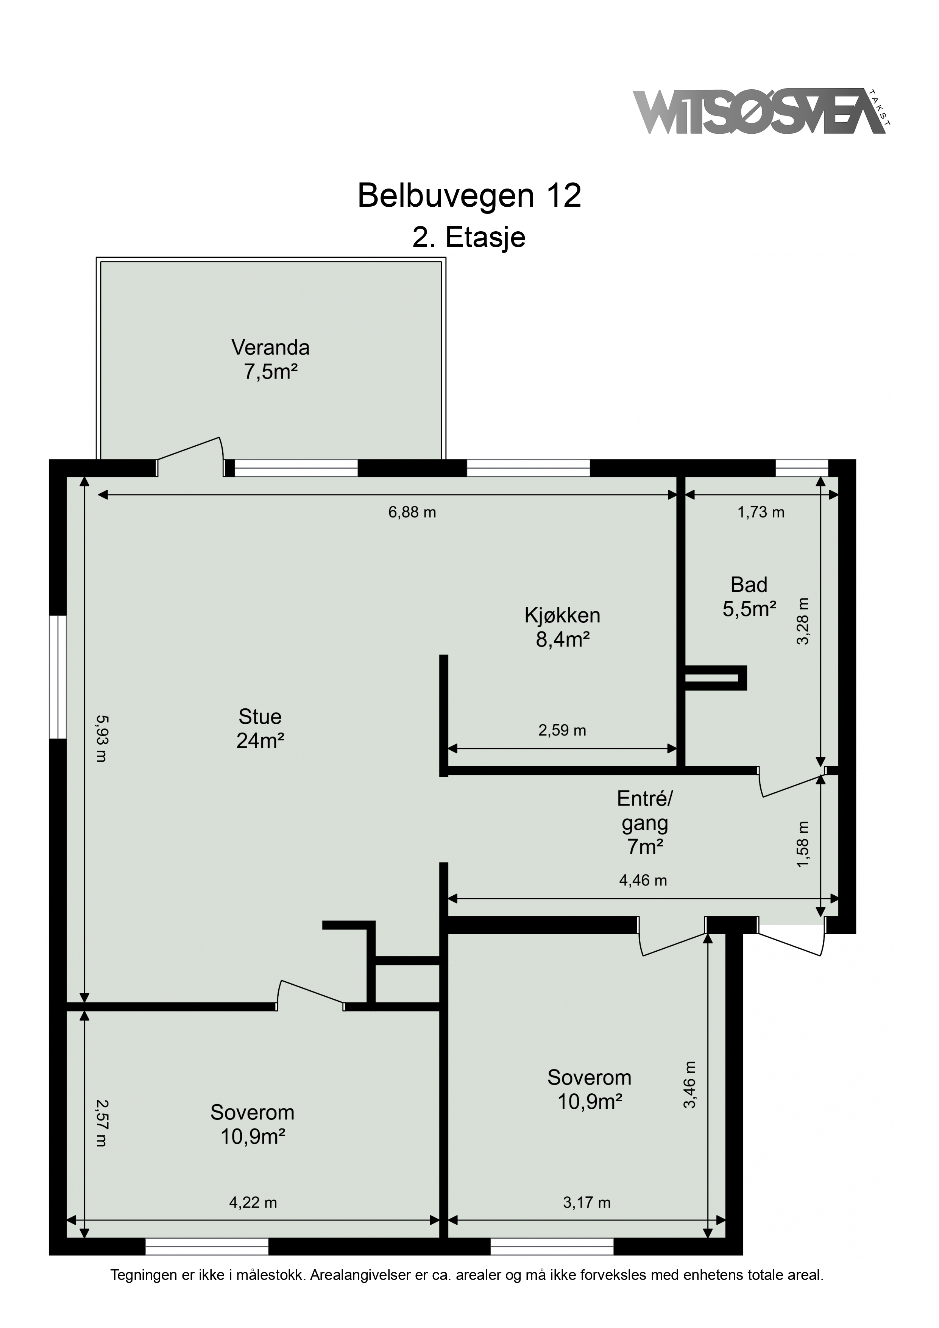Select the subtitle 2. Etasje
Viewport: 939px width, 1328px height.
click(x=469, y=237)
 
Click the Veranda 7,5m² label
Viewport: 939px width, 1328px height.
click(x=270, y=359)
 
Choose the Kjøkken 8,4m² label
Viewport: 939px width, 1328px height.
click(x=562, y=627)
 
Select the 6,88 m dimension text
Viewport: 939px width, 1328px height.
click(x=412, y=512)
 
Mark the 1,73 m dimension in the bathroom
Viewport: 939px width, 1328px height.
click(x=761, y=512)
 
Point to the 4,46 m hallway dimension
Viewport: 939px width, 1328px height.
click(x=643, y=880)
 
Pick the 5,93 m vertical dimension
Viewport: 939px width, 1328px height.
click(x=101, y=739)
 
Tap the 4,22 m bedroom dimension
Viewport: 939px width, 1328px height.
click(x=253, y=1202)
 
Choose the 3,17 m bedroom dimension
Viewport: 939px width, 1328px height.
click(x=586, y=1202)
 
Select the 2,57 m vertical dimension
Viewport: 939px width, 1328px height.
click(x=101, y=1123)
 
